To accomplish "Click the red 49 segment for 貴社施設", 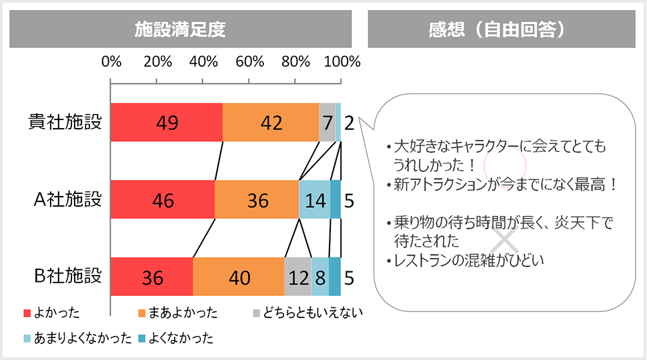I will pyautogui.click(x=166, y=123).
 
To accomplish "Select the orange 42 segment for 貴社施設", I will pyautogui.click(x=270, y=123).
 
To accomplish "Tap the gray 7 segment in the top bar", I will pyautogui.click(x=327, y=123).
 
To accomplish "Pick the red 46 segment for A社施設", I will pyautogui.click(x=162, y=199).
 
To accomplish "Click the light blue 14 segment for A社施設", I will pyautogui.click(x=314, y=199).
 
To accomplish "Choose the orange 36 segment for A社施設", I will pyautogui.click(x=257, y=199).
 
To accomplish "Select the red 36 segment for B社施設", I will pyautogui.click(x=152, y=277).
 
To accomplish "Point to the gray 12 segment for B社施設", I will pyautogui.click(x=298, y=277).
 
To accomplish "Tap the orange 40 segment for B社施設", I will pyautogui.click(x=239, y=277).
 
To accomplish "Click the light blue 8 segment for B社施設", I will pyautogui.click(x=320, y=277).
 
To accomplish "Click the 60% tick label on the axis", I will pyautogui.click(x=249, y=62).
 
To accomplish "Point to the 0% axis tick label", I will pyautogui.click(x=111, y=62).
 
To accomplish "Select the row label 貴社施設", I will pyautogui.click(x=65, y=123).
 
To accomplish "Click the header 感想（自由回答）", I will pyautogui.click(x=498, y=29).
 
